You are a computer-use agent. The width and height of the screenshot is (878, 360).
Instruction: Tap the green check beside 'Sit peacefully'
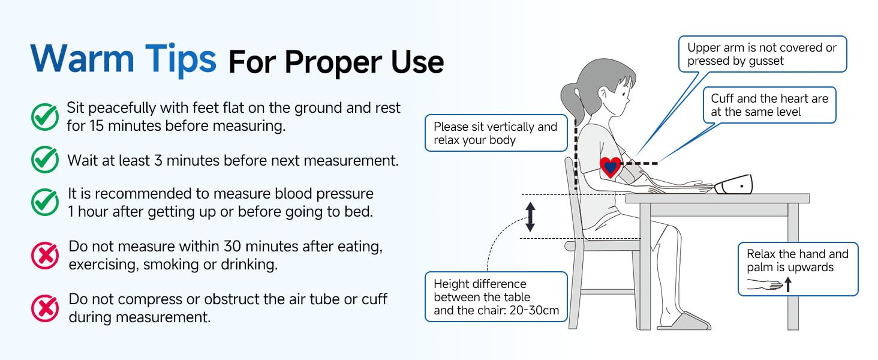[x=44, y=117]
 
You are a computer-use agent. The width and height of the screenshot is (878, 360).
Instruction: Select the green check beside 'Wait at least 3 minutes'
[x=44, y=160]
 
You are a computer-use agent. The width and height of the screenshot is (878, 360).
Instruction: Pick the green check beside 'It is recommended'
[x=44, y=202]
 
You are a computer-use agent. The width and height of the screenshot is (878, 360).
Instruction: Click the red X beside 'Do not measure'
[x=44, y=256]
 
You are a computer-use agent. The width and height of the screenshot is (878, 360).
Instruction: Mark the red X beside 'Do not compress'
[x=44, y=308]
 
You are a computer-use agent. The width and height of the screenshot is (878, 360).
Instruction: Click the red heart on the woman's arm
[x=610, y=167]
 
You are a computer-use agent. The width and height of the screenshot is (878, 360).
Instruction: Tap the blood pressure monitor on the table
[x=733, y=184]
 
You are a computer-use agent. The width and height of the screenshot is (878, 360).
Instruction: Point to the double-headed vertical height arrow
[x=530, y=217]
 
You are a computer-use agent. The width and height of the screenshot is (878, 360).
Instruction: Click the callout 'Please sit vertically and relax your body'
[x=495, y=133]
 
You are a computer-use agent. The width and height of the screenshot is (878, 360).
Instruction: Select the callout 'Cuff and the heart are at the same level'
[x=769, y=105]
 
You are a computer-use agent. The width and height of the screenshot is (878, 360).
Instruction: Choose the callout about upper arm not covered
[x=762, y=54]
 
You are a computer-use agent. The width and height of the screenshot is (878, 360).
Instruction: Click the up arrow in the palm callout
[x=788, y=284]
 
